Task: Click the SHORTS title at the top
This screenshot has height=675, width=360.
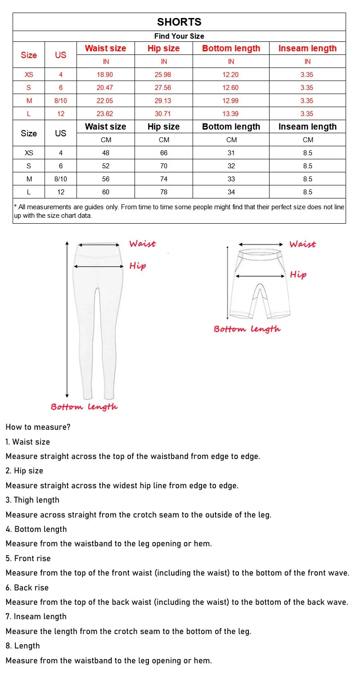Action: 179,22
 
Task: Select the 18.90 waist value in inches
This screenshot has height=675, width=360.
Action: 106,75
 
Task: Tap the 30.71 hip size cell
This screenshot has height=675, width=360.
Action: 164,114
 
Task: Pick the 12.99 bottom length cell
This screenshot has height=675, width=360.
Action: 231,101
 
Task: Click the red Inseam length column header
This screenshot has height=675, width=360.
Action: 307,49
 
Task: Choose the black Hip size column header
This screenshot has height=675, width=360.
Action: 164,127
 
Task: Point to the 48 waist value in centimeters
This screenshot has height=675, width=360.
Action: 106,153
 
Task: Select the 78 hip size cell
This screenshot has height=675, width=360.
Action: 164,192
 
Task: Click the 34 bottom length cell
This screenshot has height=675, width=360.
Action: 231,192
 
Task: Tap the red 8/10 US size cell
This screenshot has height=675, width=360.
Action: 61,101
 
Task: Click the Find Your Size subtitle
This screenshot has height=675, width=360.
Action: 179,36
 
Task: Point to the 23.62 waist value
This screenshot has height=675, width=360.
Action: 106,114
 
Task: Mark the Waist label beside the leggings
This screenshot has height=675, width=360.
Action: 142,244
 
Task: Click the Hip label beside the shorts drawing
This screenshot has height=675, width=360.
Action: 298,274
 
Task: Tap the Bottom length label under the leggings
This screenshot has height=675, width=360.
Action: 84,407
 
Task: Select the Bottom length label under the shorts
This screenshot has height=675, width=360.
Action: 247,329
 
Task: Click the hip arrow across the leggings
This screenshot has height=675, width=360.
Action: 99,266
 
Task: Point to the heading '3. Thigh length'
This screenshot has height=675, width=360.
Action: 32,500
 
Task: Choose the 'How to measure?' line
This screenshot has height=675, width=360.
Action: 38,427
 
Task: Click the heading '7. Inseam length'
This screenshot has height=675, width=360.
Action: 36,616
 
